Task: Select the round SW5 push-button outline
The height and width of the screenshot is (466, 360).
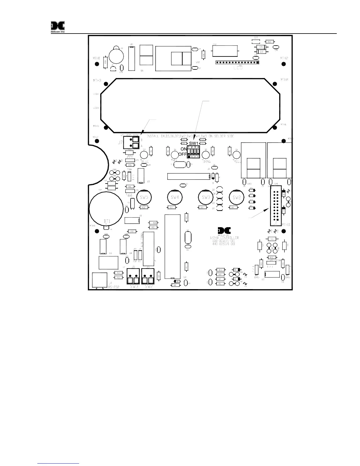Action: pyautogui.click(x=144, y=197)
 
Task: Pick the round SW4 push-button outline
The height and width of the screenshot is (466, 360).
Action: pyautogui.click(x=175, y=197)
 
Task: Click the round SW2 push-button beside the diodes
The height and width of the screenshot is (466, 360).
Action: pyautogui.click(x=236, y=197)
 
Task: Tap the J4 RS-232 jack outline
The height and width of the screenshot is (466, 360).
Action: pyautogui.click(x=100, y=280)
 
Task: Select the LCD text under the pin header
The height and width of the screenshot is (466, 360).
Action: pyautogui.click(x=238, y=68)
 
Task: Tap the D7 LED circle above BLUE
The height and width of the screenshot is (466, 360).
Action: pyautogui.click(x=144, y=155)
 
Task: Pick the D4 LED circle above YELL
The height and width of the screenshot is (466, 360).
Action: pyautogui.click(x=237, y=155)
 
